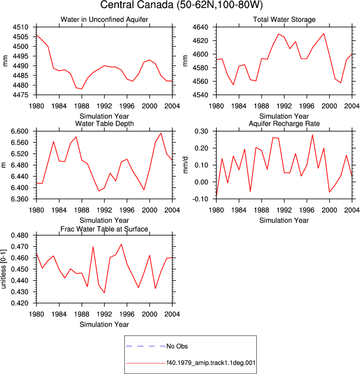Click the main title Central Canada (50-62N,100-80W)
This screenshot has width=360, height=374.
pyautogui.click(x=181, y=5)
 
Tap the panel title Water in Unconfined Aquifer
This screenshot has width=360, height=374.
pyautogui.click(x=104, y=19)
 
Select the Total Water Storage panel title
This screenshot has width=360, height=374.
pyautogui.click(x=284, y=19)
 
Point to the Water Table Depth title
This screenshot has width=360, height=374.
pyautogui.click(x=104, y=123)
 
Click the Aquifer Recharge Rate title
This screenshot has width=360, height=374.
pyautogui.click(x=284, y=123)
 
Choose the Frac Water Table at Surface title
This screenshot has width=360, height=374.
pyautogui.click(x=104, y=229)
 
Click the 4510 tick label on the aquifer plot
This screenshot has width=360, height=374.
pyautogui.click(x=20, y=27)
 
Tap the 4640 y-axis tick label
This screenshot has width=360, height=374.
pyautogui.click(x=200, y=27)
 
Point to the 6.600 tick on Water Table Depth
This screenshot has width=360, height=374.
pyautogui.click(x=19, y=131)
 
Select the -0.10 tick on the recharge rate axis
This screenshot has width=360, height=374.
pyautogui.click(x=201, y=199)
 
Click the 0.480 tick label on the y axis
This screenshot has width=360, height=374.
pyautogui.click(x=19, y=235)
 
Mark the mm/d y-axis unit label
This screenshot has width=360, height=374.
pyautogui.click(x=186, y=165)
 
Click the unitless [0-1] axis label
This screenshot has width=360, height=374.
pyautogui.click(x=3, y=269)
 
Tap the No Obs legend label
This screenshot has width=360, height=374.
pyautogui.click(x=177, y=346)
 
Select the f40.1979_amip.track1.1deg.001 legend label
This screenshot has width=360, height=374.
pyautogui.click(x=211, y=363)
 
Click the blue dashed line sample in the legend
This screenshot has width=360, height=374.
pyautogui.click(x=146, y=346)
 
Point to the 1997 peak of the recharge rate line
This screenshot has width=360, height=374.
pyautogui.click(x=312, y=135)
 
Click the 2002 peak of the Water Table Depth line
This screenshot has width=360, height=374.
pyautogui.click(x=161, y=133)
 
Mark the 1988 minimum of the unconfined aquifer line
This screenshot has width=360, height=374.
pyautogui.click(x=82, y=89)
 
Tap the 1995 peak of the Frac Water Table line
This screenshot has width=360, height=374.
pyautogui.click(x=121, y=244)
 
